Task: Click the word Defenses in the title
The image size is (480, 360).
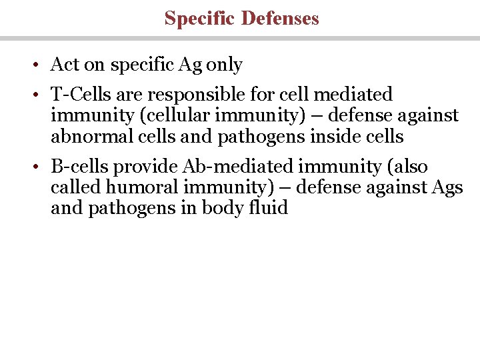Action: (x=280, y=18)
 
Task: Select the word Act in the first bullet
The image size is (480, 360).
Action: (x=65, y=65)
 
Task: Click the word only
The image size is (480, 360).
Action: (x=225, y=65)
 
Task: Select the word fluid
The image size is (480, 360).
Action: (x=269, y=208)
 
